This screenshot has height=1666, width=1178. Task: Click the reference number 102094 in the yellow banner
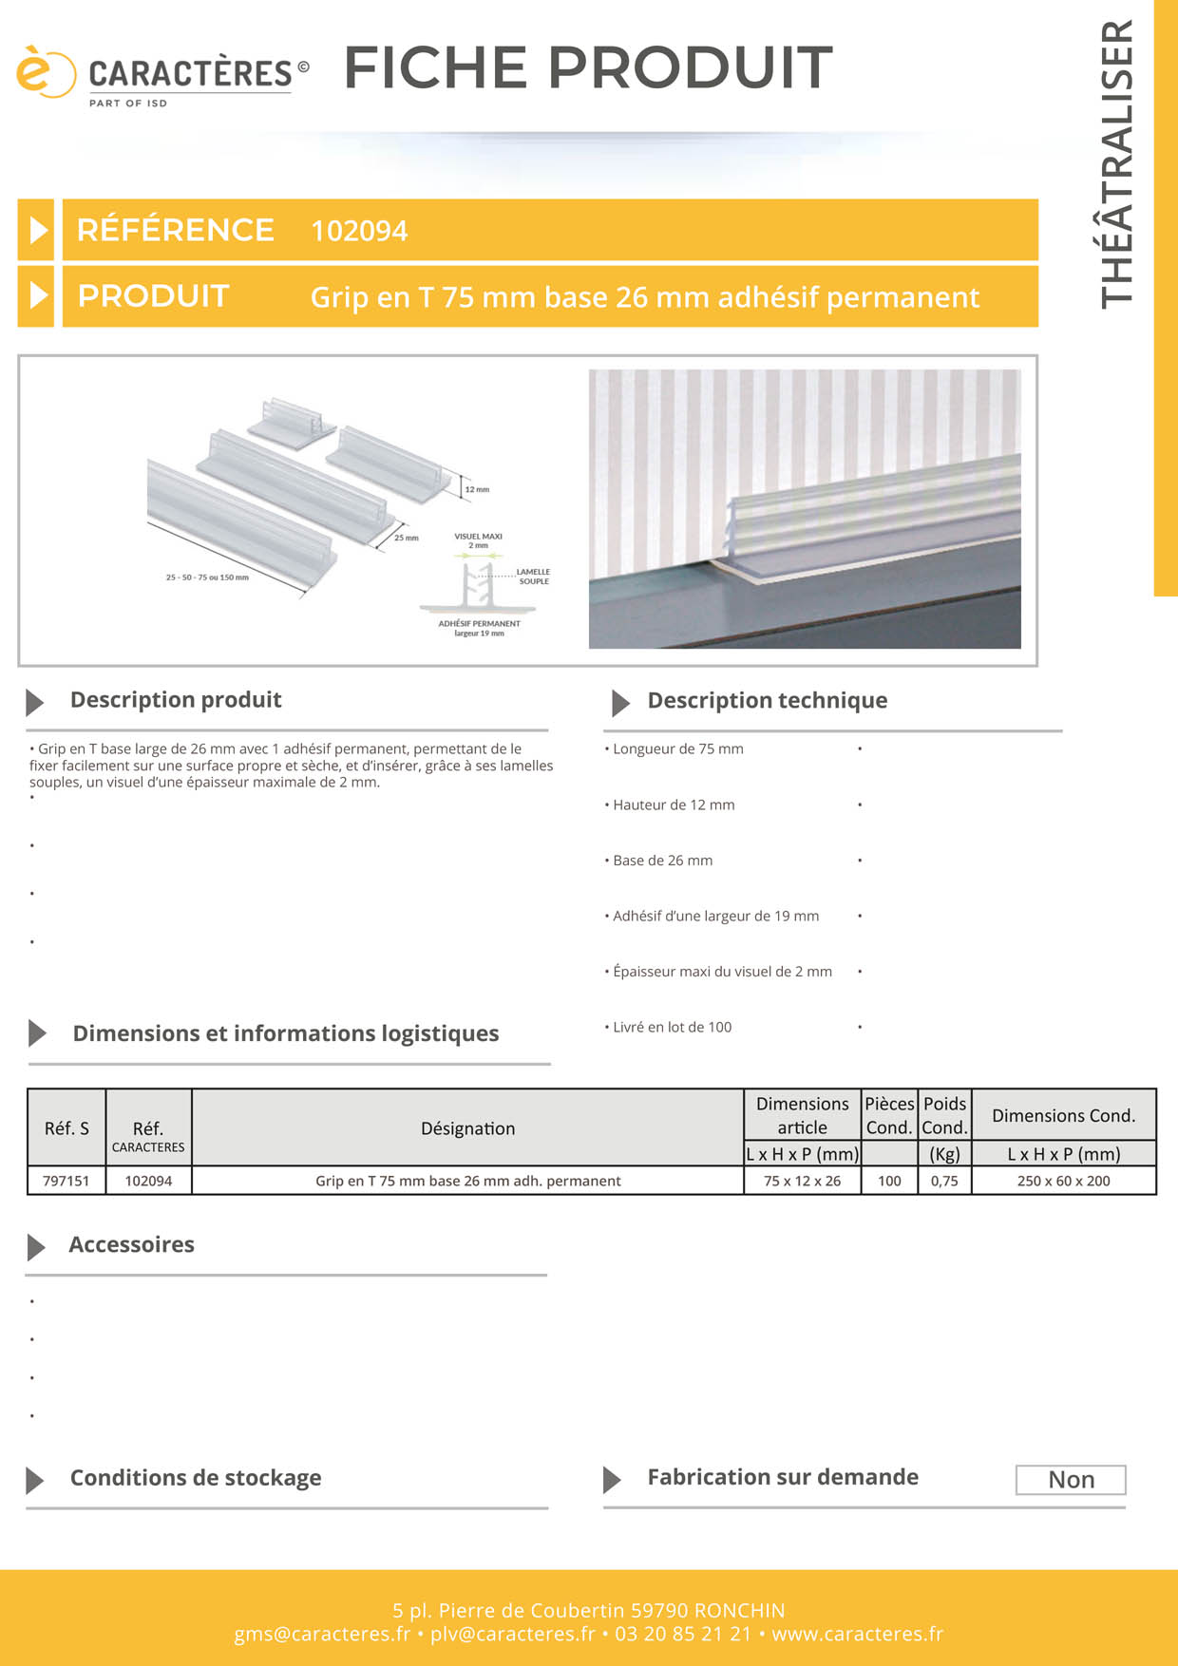point(359,231)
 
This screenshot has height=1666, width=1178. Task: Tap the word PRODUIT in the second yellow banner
point(153,296)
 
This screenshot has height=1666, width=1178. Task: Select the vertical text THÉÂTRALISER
point(1117,163)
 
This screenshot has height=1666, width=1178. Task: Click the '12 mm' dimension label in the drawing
point(477,489)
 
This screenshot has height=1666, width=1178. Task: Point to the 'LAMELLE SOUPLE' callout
point(533,577)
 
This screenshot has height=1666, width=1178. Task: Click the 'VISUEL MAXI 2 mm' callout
point(479,540)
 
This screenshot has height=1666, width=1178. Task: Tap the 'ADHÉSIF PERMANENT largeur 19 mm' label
point(479,628)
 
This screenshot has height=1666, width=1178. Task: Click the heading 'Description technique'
point(767,701)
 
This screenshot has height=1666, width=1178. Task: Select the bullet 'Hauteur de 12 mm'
point(674,805)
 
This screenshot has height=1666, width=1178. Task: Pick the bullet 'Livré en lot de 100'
point(672,1027)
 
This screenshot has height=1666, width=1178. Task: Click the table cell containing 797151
point(66,1181)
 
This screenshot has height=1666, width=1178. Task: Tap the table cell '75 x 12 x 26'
point(802,1181)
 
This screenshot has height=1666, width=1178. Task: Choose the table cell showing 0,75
point(944,1181)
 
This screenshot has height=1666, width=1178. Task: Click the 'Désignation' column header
point(467,1128)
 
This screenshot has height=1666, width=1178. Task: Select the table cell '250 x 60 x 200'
point(1063,1181)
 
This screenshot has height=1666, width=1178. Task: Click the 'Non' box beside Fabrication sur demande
point(1071,1480)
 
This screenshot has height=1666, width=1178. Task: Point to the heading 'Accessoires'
point(131,1244)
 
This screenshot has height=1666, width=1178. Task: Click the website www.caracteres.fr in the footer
point(857,1634)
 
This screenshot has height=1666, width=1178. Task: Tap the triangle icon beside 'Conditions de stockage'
point(35,1480)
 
